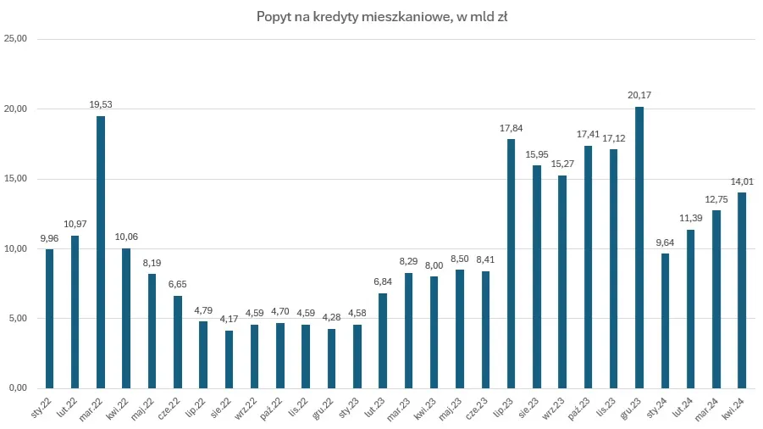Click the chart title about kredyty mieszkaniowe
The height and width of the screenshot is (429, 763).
381,16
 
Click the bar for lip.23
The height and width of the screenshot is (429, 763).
511,264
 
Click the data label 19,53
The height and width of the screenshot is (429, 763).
101,105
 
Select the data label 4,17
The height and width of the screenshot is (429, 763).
229,320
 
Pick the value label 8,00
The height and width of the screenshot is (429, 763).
434,265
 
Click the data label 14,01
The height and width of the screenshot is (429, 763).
742,181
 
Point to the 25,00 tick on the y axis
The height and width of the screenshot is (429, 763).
16,39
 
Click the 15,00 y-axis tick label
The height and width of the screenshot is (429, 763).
16,179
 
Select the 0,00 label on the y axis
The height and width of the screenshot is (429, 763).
18,388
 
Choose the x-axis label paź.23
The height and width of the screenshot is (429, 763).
581,405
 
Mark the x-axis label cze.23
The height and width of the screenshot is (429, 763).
478,405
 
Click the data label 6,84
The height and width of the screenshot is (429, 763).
383,282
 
